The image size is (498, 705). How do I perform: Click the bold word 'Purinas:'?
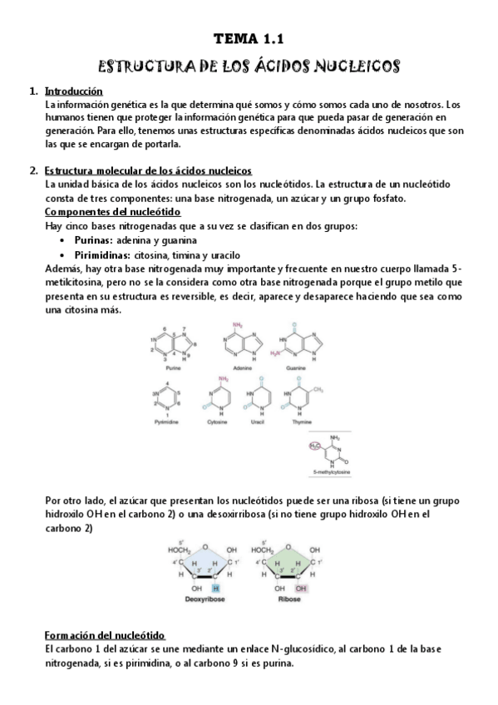tap(96, 240)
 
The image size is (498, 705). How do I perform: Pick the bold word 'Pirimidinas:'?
tap(107, 255)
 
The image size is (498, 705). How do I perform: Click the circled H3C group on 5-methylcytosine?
tap(314, 446)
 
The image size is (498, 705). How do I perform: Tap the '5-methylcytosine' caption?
tap(333, 472)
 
